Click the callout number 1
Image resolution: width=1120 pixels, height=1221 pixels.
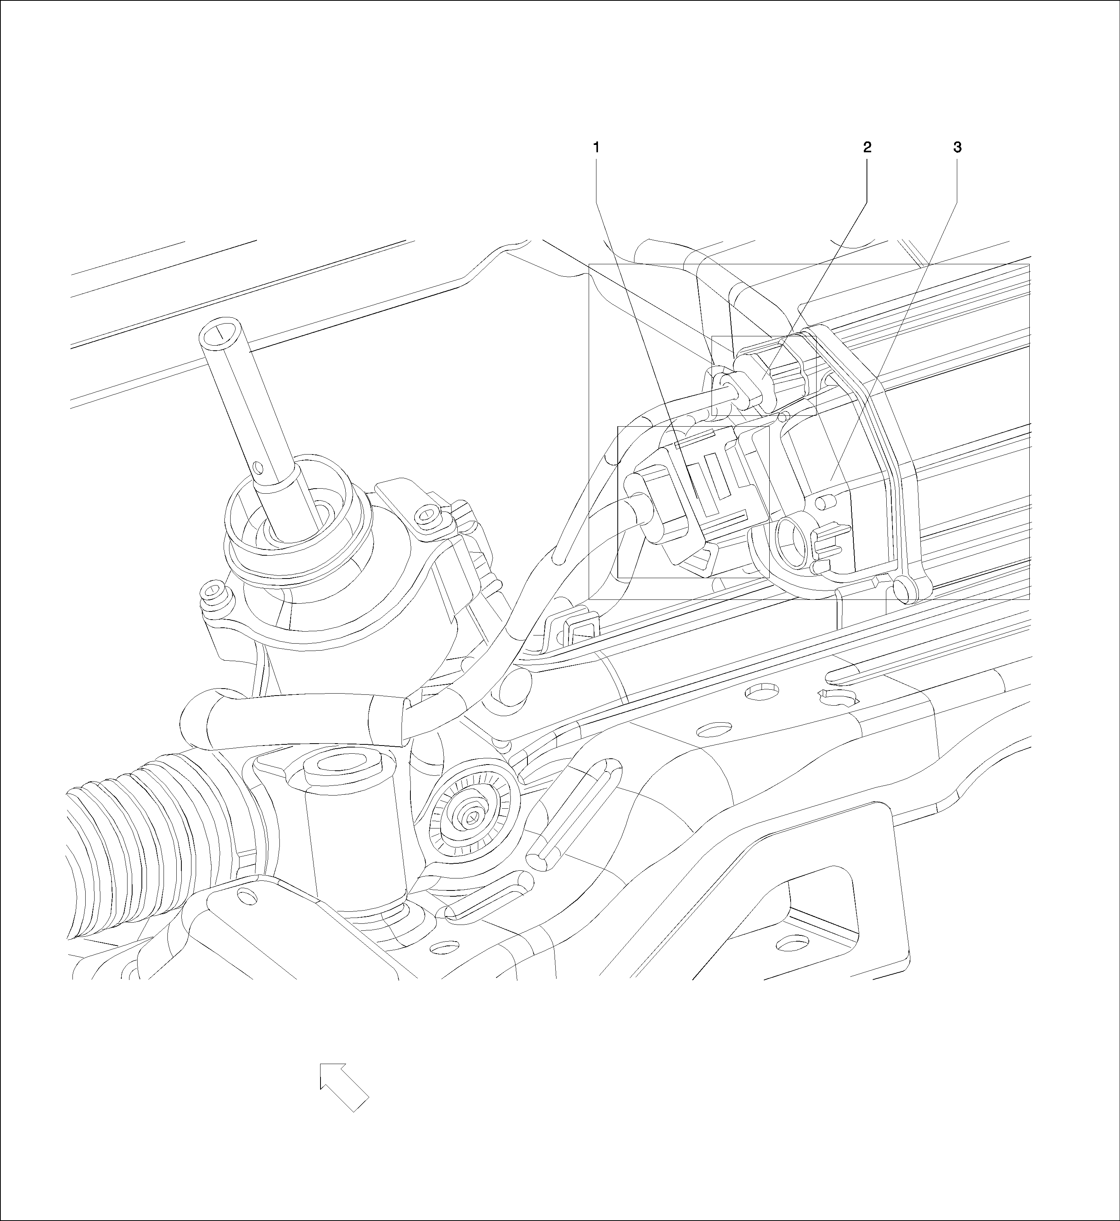596,147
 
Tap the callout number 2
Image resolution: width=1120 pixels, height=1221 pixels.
867,147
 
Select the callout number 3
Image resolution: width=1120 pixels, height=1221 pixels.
958,147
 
